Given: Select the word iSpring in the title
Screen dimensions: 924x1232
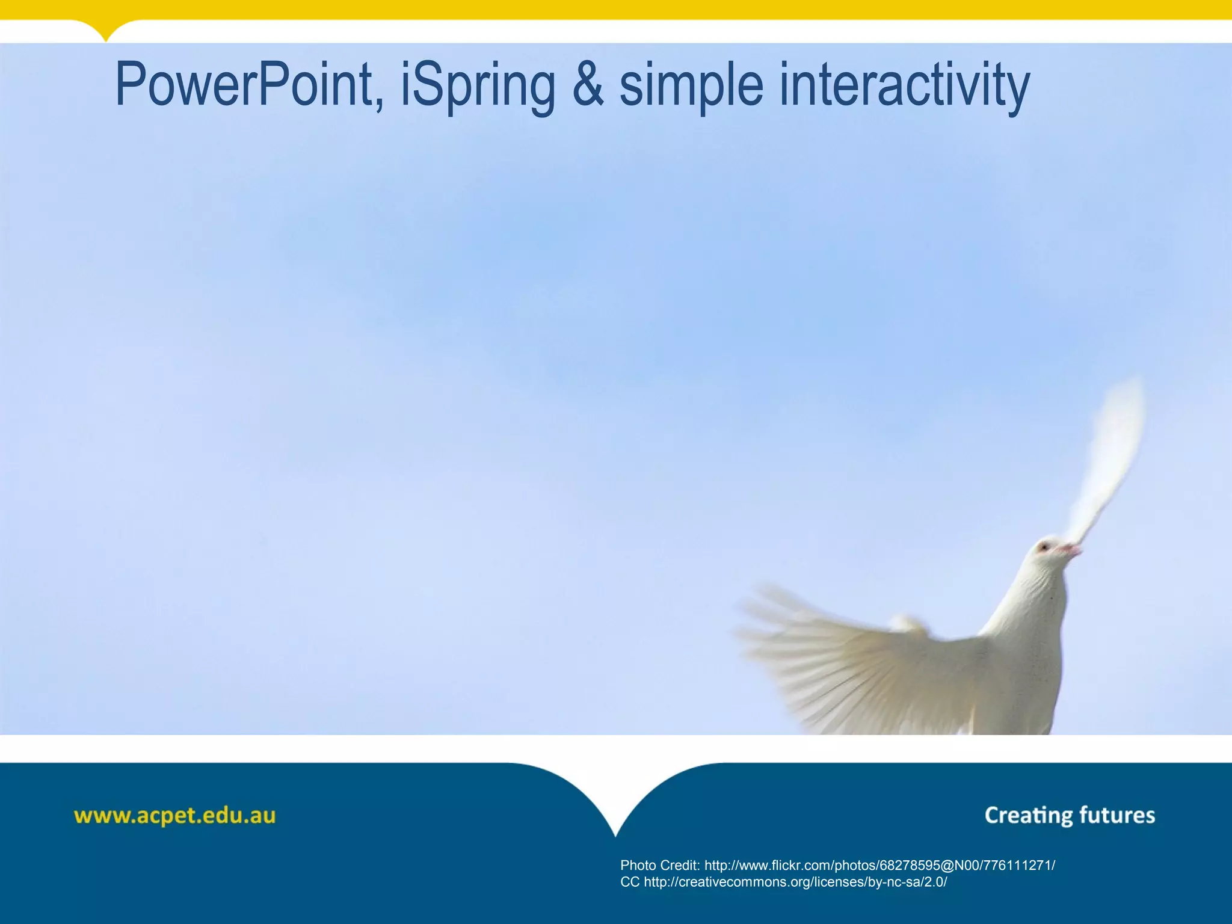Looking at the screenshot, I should [478, 85].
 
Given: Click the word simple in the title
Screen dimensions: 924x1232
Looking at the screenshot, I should [691, 85].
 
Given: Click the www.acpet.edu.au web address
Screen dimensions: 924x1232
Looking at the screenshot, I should [174, 816].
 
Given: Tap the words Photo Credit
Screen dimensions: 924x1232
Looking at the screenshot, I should [659, 866].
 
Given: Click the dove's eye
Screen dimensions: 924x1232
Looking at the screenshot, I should [1044, 546].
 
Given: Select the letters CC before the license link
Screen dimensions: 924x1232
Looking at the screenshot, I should [630, 882].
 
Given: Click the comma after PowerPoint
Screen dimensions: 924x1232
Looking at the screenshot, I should [379, 105].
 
